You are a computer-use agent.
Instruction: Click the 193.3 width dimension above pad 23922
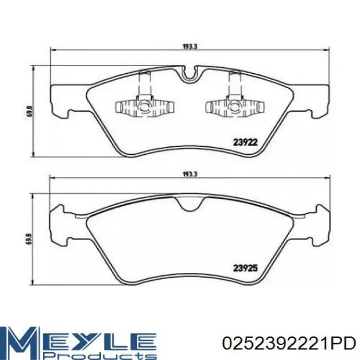point(190,47)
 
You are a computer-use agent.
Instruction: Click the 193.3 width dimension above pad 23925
point(190,174)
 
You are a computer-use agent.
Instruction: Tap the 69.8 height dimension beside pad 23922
point(30,112)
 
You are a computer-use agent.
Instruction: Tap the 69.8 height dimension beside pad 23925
point(30,239)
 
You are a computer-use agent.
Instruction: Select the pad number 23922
point(245,143)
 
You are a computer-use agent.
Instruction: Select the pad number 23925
point(245,268)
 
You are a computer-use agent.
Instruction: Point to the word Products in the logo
point(99,355)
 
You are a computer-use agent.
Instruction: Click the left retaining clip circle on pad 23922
point(145,106)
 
